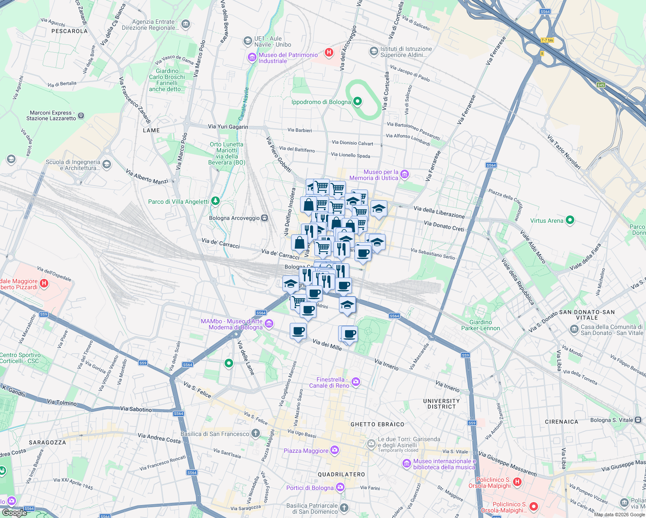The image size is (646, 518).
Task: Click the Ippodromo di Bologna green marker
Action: coord(358,102)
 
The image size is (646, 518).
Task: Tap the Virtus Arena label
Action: coord(547,221)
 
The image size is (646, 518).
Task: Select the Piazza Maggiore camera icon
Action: coord(335,451)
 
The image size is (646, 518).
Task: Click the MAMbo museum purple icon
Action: coord(269,323)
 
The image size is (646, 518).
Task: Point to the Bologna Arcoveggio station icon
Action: coord(264,218)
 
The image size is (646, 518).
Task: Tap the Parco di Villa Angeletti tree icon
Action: coord(215,201)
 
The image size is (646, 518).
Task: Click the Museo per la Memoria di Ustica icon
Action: coord(405,174)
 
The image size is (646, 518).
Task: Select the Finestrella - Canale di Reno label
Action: coord(329,382)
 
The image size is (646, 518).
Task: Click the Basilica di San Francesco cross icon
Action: coord(256,433)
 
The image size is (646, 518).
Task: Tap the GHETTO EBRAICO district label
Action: coord(377,424)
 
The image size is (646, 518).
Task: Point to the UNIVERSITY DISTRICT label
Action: coord(441,404)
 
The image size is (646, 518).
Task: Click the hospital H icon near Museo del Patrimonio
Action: coord(329,53)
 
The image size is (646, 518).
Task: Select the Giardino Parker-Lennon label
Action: coord(480,325)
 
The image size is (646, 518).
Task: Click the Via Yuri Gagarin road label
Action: coord(228,126)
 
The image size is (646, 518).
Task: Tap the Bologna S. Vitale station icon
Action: coord(638,420)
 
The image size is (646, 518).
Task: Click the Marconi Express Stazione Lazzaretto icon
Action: coord(81,116)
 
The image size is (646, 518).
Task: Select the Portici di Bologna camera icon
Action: coord(340,487)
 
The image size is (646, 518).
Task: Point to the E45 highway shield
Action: coord(601,85)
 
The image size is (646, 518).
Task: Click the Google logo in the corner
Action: coord(14,513)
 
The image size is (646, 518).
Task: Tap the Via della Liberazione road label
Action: coord(439,212)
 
